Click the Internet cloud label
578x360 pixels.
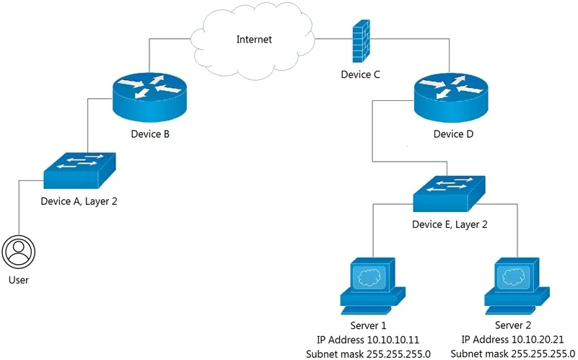click(x=254, y=40)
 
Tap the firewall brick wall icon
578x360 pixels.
click(x=361, y=41)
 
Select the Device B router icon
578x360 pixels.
click(x=149, y=97)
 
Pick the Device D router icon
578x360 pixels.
click(x=451, y=97)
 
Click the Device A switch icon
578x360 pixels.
click(x=79, y=170)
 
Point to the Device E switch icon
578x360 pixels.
click(x=449, y=194)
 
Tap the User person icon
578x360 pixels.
click(x=19, y=253)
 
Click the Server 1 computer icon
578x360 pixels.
click(x=372, y=286)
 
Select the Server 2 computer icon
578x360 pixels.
click(x=517, y=286)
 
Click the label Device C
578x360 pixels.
click(x=360, y=74)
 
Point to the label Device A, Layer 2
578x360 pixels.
click(x=79, y=201)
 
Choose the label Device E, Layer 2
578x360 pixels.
click(x=450, y=224)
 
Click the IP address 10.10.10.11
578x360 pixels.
click(x=393, y=339)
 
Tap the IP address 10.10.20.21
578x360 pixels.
click(x=538, y=339)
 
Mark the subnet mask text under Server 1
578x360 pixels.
click(x=368, y=354)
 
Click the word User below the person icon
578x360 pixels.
click(x=19, y=280)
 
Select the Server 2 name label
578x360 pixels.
click(x=513, y=325)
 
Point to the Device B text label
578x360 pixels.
click(x=150, y=133)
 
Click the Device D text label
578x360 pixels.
click(x=453, y=133)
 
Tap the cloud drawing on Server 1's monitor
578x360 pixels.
click(x=369, y=277)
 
